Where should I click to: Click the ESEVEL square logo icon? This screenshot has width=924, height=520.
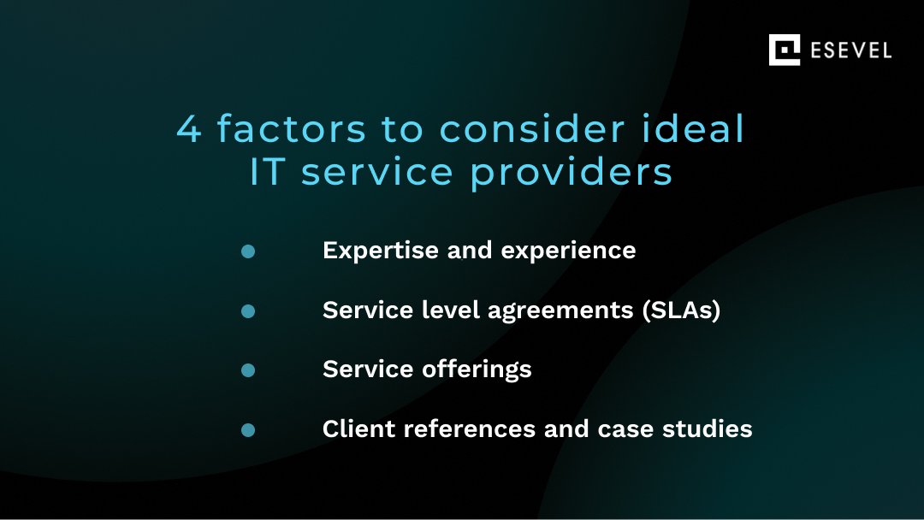point(784,50)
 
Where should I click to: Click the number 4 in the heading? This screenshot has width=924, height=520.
point(190,129)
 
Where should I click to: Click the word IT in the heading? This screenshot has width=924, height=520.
point(269,172)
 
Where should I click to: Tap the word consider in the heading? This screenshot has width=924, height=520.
point(524,129)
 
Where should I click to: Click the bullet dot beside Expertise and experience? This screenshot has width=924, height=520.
point(248,251)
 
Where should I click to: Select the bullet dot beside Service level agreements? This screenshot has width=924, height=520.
point(248,311)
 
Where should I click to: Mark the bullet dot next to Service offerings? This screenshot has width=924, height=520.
point(248,370)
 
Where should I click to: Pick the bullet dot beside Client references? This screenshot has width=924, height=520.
point(248,430)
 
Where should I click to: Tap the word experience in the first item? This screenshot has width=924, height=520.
point(568,251)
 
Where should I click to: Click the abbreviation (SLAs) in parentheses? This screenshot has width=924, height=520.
point(681,310)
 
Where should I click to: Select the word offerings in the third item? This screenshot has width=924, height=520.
point(477,369)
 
